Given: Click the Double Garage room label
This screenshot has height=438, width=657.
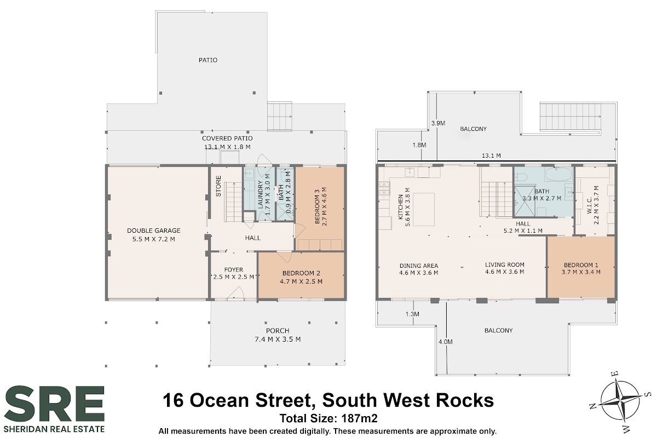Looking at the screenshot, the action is (154, 230).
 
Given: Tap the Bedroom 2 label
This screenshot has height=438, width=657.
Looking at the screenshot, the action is (301, 273).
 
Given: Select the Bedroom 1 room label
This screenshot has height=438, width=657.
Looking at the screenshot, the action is (581, 265).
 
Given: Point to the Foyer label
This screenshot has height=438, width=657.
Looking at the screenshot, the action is (233, 269).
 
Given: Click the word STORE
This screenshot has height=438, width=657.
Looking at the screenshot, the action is (218, 186).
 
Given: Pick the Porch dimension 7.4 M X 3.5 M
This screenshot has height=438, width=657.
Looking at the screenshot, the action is (278, 339).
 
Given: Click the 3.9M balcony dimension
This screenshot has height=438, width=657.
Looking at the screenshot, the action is (438, 123).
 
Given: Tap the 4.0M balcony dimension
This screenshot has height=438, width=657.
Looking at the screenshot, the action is (446, 342).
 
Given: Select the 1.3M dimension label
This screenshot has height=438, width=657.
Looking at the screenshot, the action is (412, 314).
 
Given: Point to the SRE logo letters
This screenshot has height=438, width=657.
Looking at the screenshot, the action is (55, 404).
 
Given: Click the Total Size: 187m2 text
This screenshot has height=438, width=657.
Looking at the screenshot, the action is (328, 418).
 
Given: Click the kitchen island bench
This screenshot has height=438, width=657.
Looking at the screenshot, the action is (424, 209).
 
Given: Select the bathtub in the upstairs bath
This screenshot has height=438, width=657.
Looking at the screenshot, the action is (558, 175).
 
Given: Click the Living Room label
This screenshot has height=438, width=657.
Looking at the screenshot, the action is (504, 264).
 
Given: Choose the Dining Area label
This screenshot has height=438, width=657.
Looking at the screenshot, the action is (418, 266).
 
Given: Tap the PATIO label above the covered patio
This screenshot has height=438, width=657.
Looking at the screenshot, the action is (208, 60).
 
